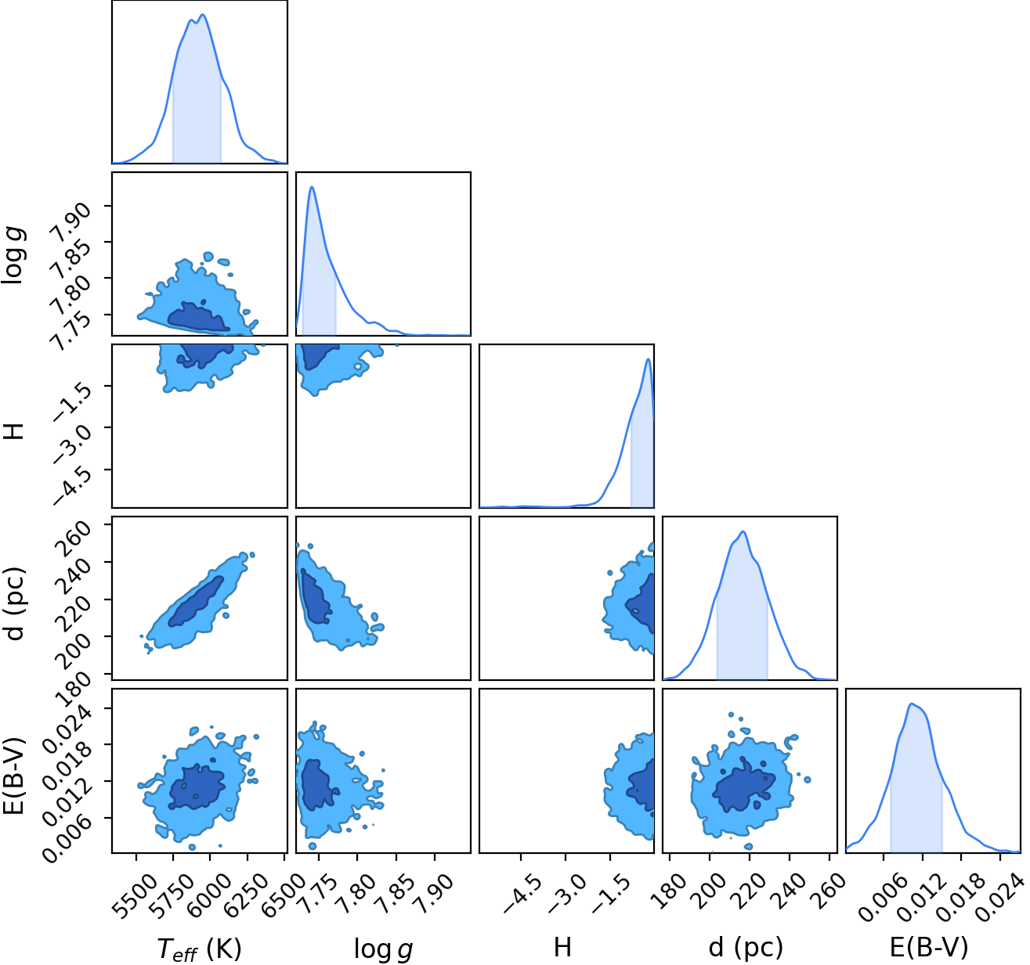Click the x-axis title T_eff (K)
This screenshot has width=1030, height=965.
click(x=199, y=949)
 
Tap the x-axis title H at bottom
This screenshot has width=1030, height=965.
click(x=562, y=947)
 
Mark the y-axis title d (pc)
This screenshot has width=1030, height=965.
click(x=15, y=603)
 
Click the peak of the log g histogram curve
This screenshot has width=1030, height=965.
click(x=312, y=186)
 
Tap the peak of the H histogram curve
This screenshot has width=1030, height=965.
click(x=648, y=358)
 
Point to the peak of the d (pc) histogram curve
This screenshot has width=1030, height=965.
click(x=744, y=531)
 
